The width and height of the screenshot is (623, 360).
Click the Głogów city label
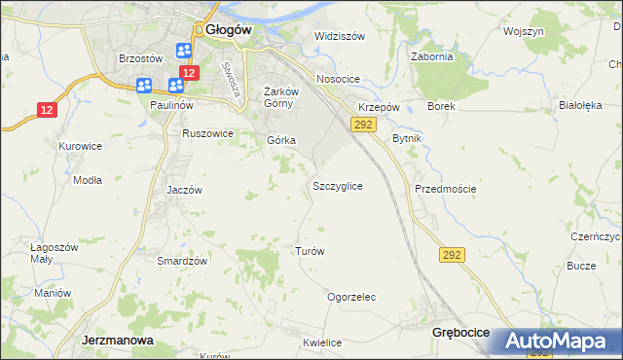coord(229,30)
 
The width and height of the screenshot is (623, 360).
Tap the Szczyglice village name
coord(338,185)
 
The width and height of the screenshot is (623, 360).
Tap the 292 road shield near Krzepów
coord(363,126)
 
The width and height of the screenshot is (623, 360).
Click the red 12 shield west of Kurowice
coord(47,110)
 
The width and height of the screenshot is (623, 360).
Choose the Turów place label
coord(309,251)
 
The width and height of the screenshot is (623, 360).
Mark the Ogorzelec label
coord(351,297)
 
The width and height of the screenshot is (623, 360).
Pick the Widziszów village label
coord(339,36)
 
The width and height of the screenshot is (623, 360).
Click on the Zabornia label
coord(432,56)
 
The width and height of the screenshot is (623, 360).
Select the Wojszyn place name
coord(523,31)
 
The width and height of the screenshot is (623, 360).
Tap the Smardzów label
coord(182,261)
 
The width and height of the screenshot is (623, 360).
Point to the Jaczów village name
coord(184,191)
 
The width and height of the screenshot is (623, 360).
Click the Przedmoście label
coord(445,189)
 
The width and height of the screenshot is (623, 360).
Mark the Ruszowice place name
coord(208,133)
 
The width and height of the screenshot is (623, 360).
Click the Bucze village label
coord(581,266)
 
